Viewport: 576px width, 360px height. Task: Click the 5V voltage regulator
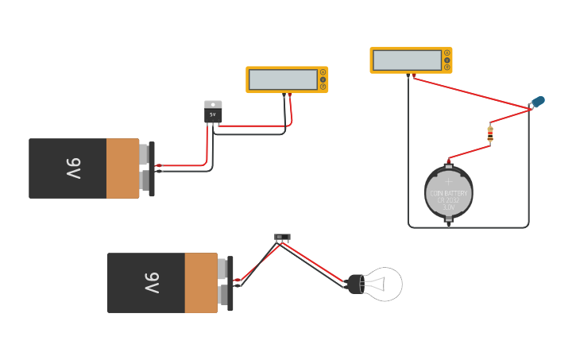(213, 114)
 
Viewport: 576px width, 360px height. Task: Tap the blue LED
(538, 102)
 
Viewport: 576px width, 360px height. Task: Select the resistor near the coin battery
(490, 134)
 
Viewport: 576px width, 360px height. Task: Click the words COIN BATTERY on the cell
(449, 193)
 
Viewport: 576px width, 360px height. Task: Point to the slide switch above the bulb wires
(282, 237)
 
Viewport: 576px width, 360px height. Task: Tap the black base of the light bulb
(355, 284)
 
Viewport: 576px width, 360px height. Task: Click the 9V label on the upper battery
(72, 168)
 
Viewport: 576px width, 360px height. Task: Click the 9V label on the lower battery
(151, 283)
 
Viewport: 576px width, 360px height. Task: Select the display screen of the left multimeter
(282, 79)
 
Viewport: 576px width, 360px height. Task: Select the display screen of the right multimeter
(407, 60)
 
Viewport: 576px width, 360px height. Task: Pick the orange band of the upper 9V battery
(122, 168)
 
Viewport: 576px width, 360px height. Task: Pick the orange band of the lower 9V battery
(200, 283)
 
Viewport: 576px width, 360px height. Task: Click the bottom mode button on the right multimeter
(447, 68)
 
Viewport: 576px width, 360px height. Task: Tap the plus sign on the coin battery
(448, 181)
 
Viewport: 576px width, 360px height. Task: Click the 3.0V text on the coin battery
(449, 207)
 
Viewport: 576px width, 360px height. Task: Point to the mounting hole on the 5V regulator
(213, 104)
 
